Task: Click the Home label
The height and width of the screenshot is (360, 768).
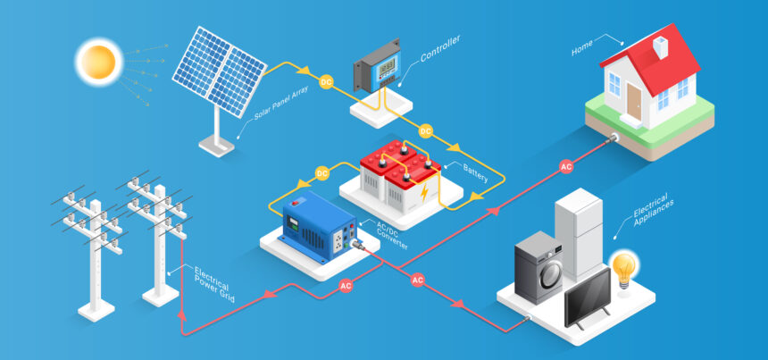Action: (x=582, y=46)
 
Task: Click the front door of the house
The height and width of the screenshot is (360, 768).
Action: (x=635, y=100)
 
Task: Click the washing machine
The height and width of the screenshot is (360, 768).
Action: (x=539, y=267)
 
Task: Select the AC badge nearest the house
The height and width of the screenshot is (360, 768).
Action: (x=565, y=167)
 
